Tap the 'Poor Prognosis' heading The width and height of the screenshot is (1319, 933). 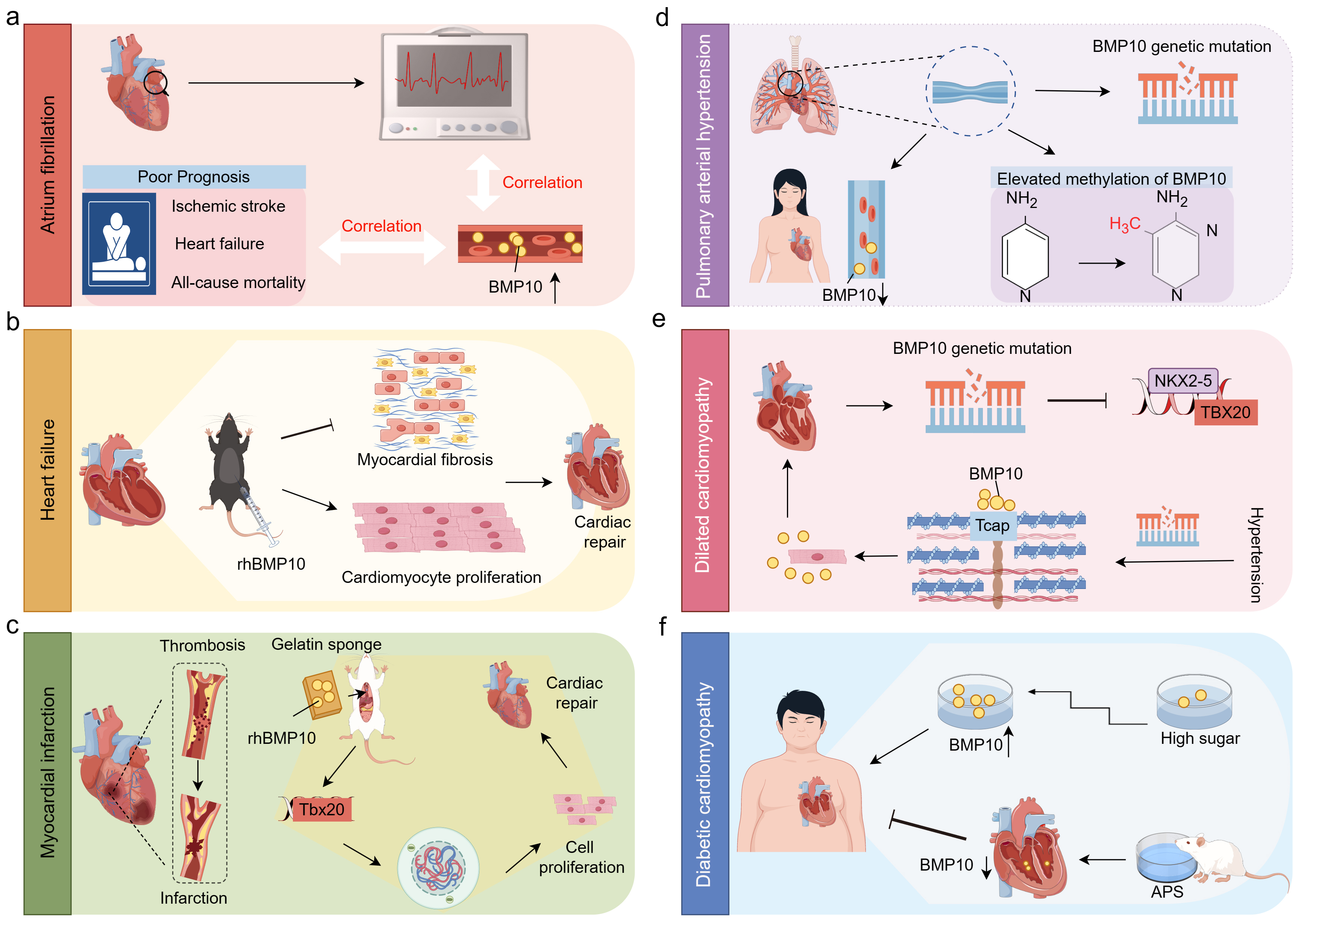point(194,177)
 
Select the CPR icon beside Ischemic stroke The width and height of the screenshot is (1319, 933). point(119,244)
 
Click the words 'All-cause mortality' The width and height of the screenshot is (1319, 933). point(238,283)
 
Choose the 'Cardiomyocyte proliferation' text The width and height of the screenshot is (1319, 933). point(441,577)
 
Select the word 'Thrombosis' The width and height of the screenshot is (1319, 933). point(202,646)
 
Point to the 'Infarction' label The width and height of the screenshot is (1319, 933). point(194,898)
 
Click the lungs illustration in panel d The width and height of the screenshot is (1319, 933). point(794,92)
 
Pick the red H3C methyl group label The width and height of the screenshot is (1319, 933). point(1124,224)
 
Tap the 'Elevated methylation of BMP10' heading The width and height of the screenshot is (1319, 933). point(1111,179)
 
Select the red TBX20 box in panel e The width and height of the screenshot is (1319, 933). point(1225,413)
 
